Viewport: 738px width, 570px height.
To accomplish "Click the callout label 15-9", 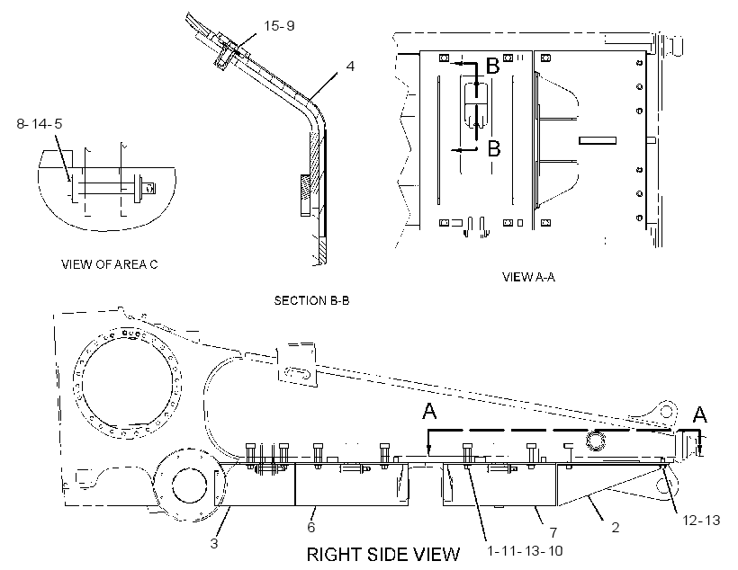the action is [x=279, y=25].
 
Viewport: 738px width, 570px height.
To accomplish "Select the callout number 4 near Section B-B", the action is [x=350, y=67].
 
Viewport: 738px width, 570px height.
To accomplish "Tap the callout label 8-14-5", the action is [x=40, y=124].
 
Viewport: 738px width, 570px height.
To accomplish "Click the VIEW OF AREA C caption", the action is [x=109, y=264].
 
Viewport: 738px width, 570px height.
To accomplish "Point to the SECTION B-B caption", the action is [x=311, y=300].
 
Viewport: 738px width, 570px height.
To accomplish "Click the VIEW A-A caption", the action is [x=528, y=277].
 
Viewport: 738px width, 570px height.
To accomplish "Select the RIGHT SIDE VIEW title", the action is [x=383, y=555].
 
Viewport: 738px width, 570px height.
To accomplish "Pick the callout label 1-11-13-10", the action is [x=525, y=550].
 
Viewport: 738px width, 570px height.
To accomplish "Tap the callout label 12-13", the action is [x=701, y=520].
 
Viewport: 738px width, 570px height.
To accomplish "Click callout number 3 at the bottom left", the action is [x=214, y=544].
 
